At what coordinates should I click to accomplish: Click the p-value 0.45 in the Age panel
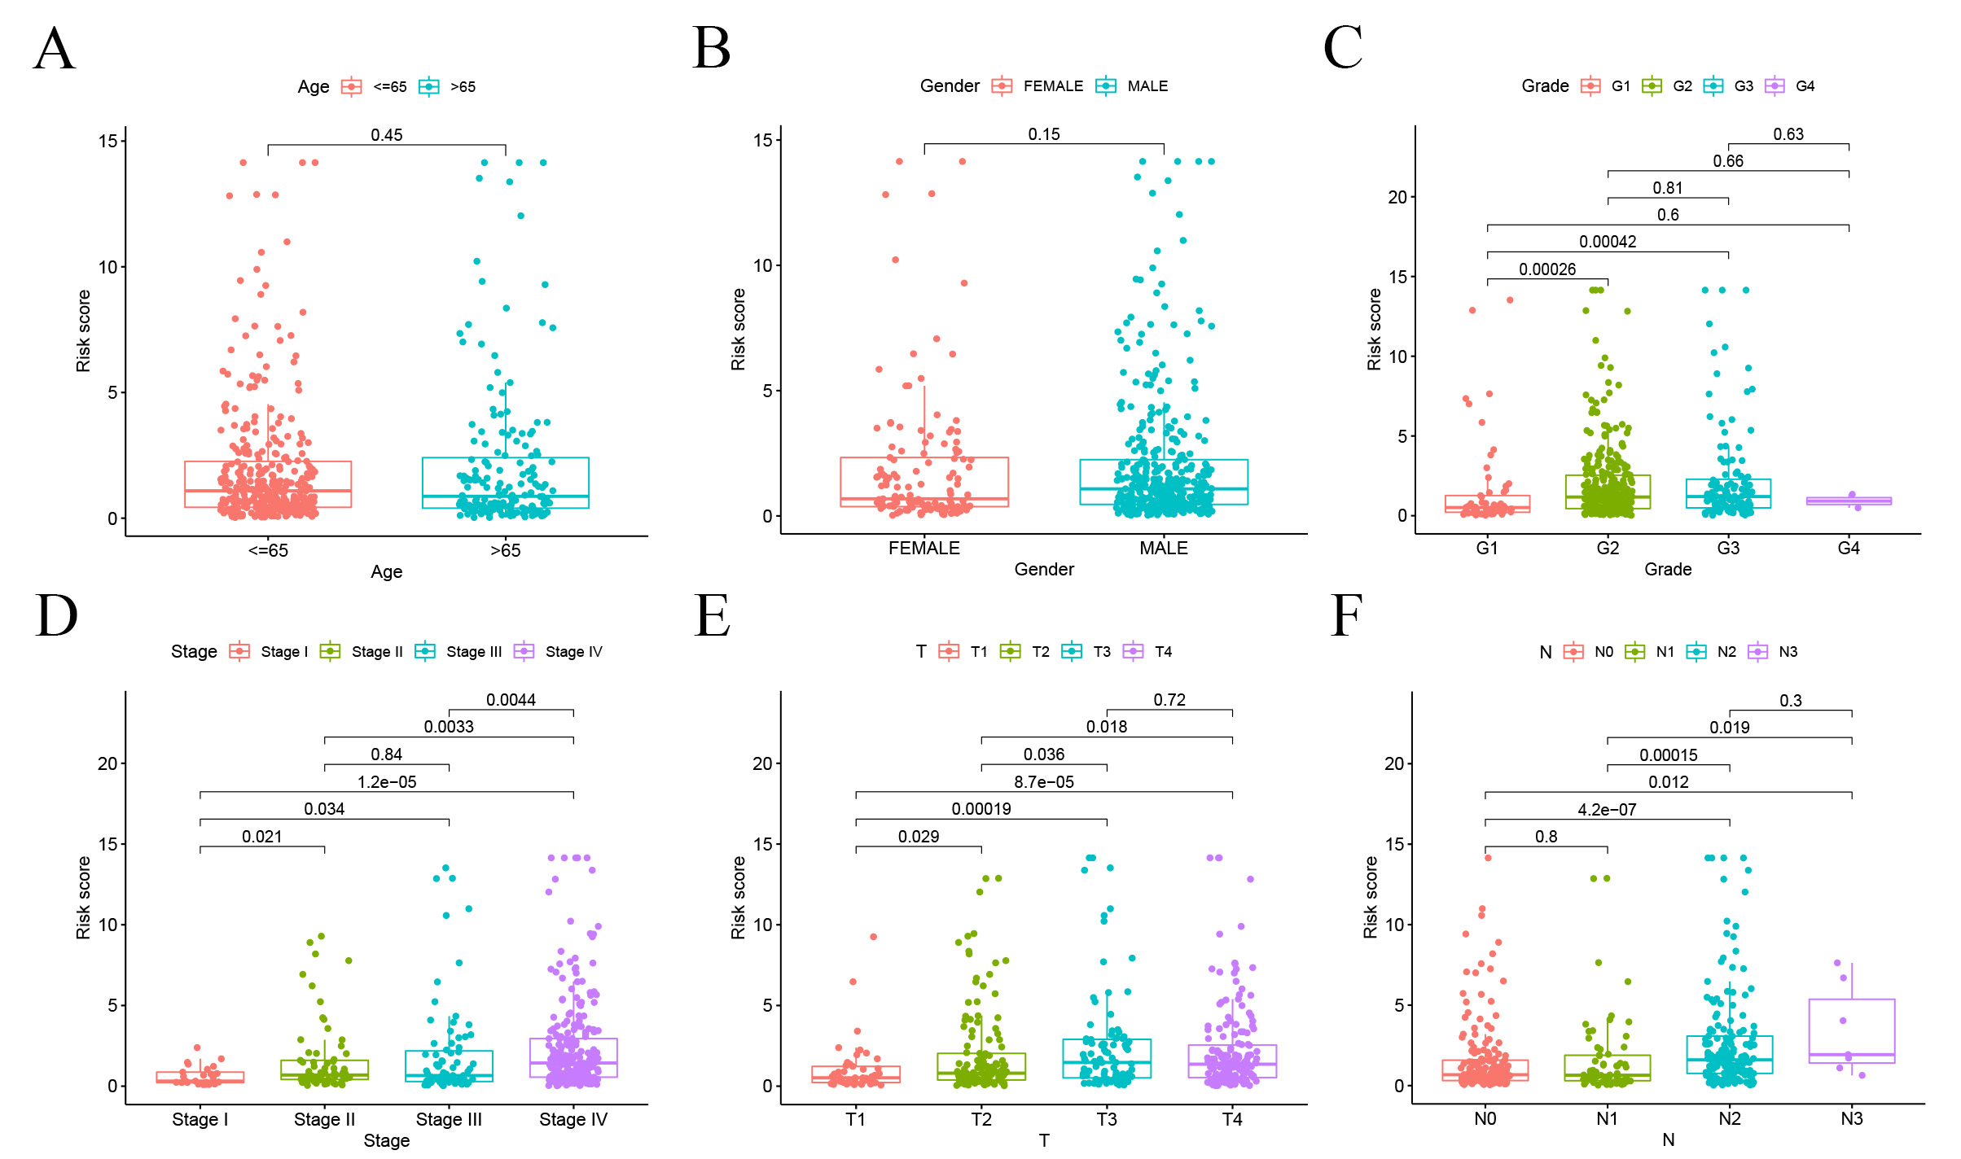(387, 135)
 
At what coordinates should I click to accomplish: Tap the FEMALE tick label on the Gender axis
(923, 549)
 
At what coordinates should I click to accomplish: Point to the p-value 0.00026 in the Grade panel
(1546, 269)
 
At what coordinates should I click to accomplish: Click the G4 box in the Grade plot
(1849, 501)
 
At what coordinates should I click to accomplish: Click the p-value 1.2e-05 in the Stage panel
(387, 782)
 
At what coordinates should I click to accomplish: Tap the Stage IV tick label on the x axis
(573, 1120)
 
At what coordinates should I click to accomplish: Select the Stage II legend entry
(362, 652)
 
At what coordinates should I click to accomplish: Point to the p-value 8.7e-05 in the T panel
(1043, 782)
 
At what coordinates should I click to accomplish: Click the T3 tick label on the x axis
(1106, 1120)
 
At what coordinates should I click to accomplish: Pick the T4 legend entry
(1147, 652)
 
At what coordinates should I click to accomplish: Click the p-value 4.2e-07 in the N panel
(1607, 810)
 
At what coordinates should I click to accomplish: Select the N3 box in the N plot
(1851, 1031)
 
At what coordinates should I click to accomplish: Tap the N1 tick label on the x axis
(1607, 1119)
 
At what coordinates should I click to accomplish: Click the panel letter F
(1345, 616)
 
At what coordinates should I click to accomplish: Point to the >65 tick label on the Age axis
(505, 551)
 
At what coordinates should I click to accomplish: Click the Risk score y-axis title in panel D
(83, 897)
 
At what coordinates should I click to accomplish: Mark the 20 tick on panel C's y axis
(1397, 198)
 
